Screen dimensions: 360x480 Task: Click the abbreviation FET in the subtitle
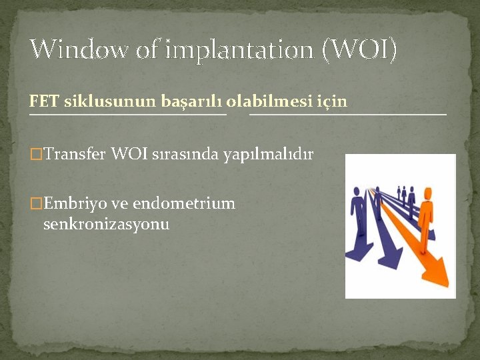click(41, 101)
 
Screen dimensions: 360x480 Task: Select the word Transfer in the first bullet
click(75, 155)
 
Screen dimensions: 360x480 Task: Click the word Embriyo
click(75, 203)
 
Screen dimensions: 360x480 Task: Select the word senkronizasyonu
click(106, 224)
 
